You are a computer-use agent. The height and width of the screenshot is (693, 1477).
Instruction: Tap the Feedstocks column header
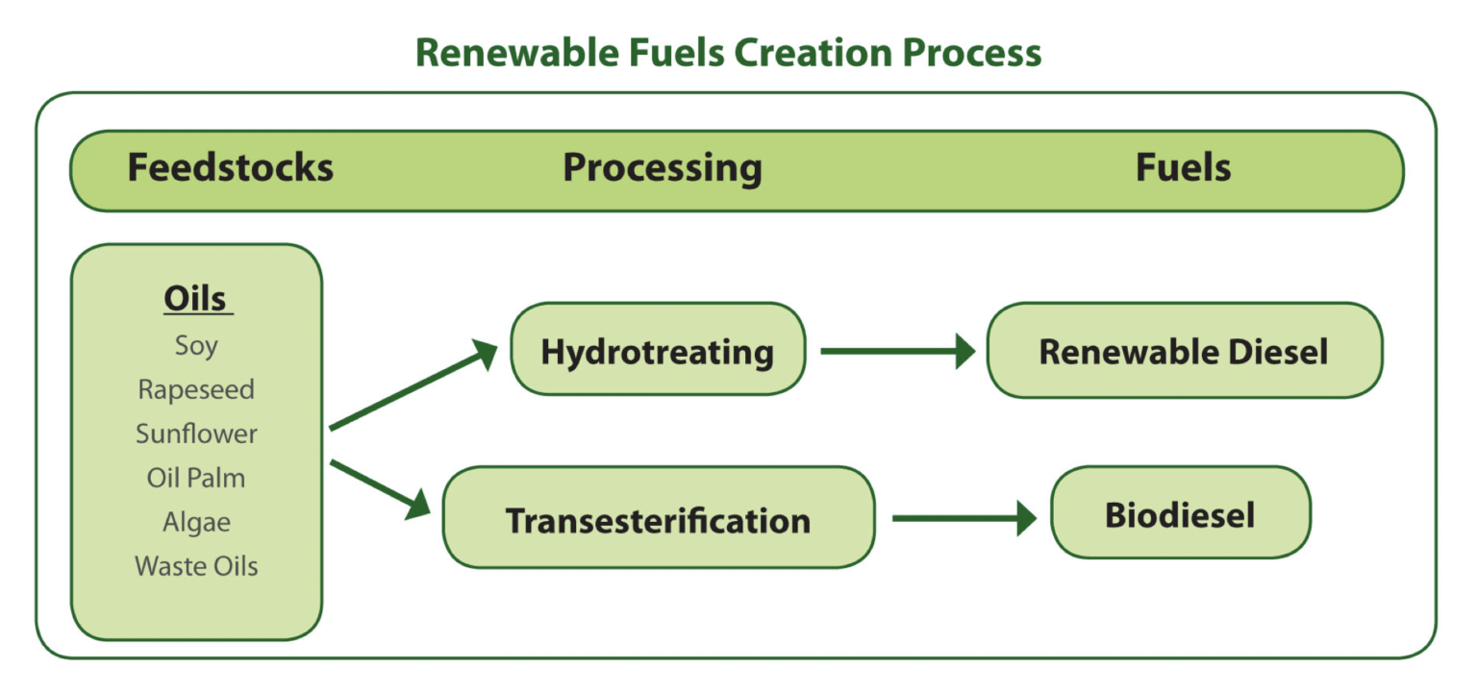[x=231, y=168]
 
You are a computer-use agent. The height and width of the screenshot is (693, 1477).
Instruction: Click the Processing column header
[x=663, y=168]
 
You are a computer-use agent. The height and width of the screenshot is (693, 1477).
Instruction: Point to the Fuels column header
[x=1183, y=168]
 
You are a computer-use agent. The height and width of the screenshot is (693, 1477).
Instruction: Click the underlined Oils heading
[x=197, y=299]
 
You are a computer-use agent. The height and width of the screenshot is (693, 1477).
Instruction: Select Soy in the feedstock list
[x=196, y=345]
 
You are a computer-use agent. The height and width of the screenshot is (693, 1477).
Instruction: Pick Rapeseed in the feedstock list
[x=196, y=389]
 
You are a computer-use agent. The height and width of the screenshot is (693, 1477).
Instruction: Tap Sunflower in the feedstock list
[x=196, y=433]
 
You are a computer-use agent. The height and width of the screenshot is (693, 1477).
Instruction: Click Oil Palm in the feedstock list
[x=196, y=478]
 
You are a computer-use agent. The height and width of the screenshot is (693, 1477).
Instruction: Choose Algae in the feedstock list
[x=196, y=522]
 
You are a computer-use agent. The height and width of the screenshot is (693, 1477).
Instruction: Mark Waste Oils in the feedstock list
[x=196, y=566]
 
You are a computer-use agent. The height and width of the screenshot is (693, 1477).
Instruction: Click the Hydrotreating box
[x=658, y=351]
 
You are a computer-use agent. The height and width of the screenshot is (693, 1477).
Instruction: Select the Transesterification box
[x=659, y=520]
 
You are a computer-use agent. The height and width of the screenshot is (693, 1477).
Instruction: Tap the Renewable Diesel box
[x=1184, y=351]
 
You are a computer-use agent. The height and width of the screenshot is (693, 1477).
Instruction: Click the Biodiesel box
[x=1180, y=515]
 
